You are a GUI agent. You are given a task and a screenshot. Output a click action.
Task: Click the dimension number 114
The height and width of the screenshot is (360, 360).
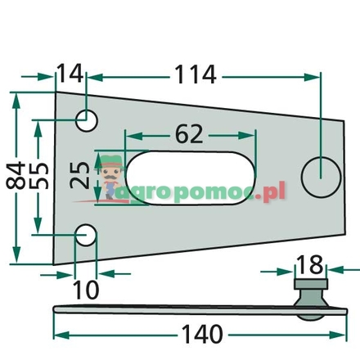point(196,75)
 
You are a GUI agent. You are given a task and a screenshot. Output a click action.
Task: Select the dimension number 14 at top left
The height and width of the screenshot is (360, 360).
point(70,75)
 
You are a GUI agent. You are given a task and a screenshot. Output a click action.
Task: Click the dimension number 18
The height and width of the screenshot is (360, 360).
point(310,265)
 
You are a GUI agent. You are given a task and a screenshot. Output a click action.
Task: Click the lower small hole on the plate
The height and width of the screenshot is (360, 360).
point(86,236)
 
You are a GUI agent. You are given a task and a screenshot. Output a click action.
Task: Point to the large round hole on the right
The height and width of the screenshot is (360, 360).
point(320,173)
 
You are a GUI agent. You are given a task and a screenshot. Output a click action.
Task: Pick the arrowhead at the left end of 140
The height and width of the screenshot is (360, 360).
point(59,335)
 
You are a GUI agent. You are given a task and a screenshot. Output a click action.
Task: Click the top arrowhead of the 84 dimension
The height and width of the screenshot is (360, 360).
point(18,94)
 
